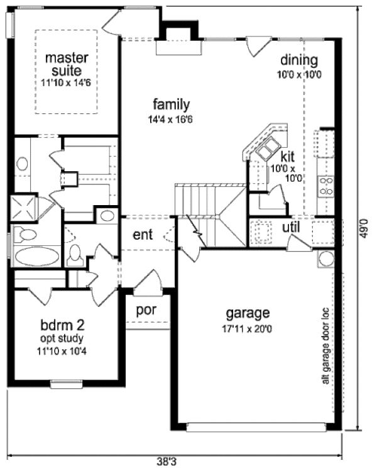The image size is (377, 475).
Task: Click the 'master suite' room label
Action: point(67,64)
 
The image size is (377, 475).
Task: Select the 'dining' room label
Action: point(299,60)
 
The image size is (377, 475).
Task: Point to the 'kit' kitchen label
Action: point(287,155)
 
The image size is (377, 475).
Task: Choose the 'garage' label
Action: point(248,313)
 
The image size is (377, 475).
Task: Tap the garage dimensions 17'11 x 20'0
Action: point(248,327)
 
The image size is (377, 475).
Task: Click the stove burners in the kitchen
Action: point(327,186)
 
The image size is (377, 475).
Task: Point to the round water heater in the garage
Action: point(327,259)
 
